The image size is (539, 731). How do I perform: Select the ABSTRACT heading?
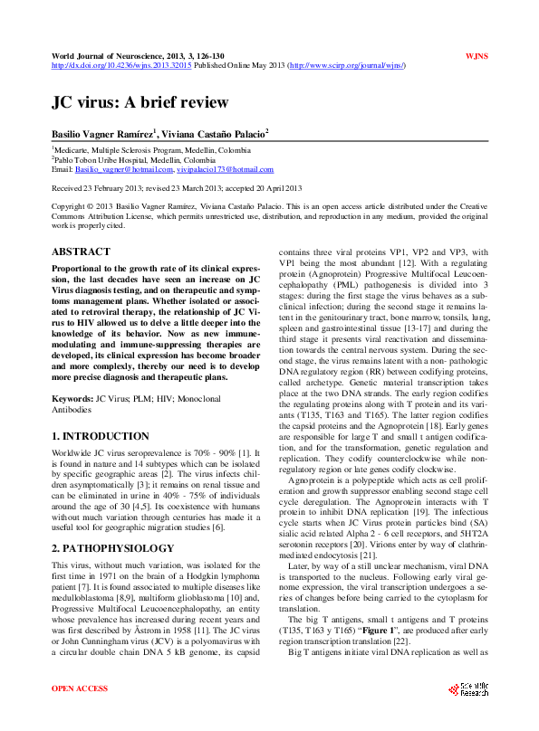[x=82, y=252]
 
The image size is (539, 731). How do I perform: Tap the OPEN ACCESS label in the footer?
[x=80, y=688]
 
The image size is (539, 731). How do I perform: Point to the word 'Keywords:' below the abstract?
[x=72, y=397]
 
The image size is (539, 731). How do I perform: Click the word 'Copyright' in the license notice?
[x=70, y=206]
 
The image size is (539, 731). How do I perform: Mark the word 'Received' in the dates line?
[x=67, y=188]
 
